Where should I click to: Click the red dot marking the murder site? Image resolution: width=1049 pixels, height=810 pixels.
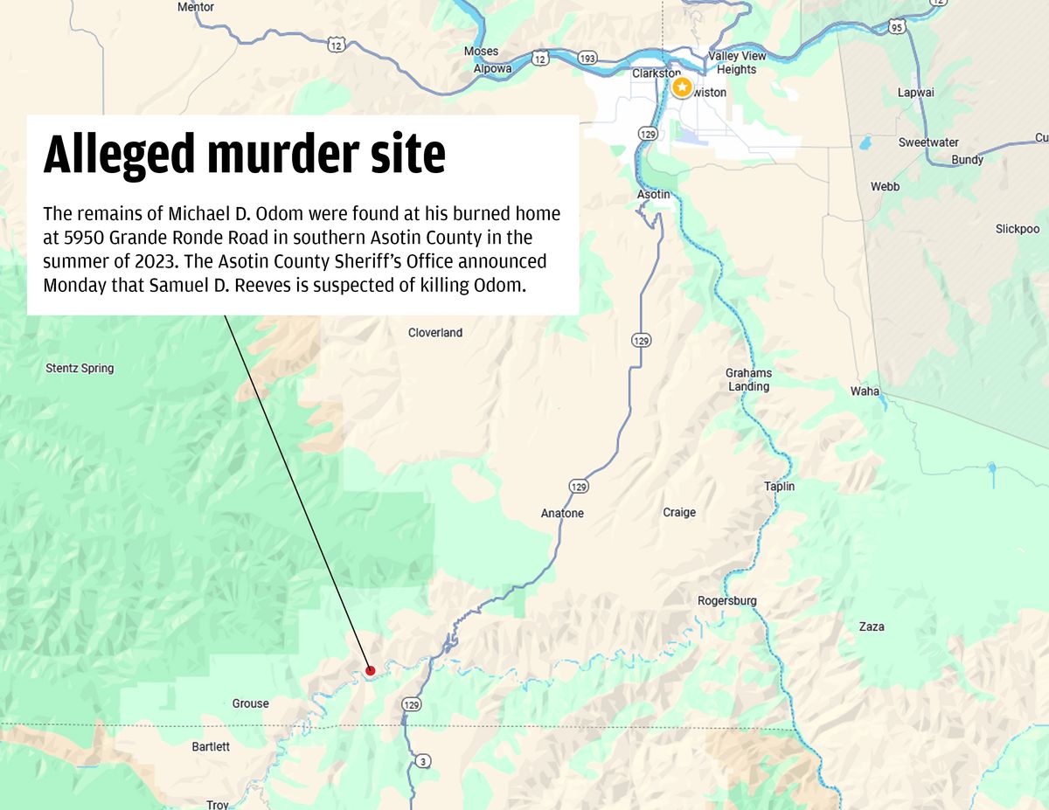tap(370, 671)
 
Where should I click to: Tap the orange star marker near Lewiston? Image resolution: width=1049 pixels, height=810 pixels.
tap(682, 87)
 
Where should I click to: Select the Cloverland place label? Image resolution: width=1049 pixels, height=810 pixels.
tap(435, 333)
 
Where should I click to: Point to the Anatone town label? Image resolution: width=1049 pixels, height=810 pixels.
tap(562, 513)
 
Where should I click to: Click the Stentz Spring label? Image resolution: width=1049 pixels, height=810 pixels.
tap(80, 369)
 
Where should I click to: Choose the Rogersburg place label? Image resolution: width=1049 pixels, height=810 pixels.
tap(727, 600)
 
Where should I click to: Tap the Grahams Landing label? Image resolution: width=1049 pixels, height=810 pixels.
tap(749, 379)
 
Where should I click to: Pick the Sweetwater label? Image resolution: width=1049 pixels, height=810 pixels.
tap(928, 142)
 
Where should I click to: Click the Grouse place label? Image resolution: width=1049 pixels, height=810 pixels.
tap(251, 703)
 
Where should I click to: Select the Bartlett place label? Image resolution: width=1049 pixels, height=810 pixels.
tap(211, 746)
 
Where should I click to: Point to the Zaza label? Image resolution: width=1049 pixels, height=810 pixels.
tap(872, 627)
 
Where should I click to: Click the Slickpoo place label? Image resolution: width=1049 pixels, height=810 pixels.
tap(1018, 229)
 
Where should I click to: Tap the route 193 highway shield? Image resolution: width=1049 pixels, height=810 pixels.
tap(587, 59)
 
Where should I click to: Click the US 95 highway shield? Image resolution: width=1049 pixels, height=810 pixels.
tap(897, 27)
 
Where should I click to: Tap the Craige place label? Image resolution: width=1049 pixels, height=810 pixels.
tap(679, 512)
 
